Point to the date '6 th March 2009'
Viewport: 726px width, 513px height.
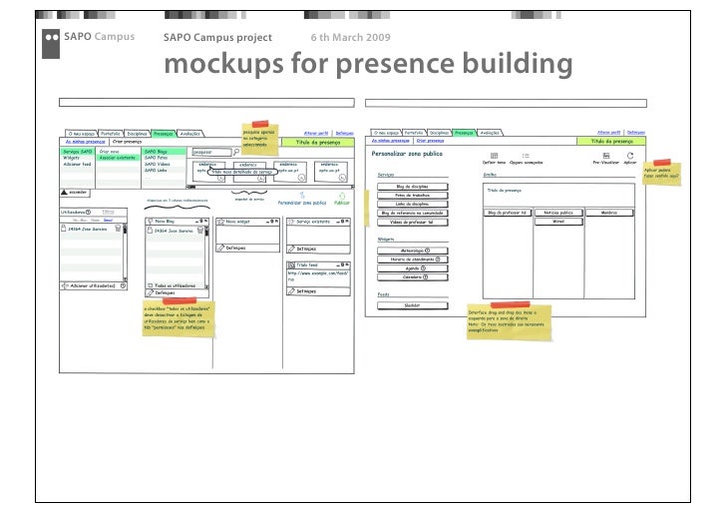pos(350,37)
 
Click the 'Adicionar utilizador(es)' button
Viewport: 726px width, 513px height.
pos(95,285)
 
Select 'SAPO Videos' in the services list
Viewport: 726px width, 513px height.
pos(158,164)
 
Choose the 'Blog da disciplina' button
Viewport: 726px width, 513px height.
pos(412,186)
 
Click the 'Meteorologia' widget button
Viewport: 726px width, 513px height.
pos(412,251)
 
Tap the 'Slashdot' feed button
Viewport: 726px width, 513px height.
pos(412,305)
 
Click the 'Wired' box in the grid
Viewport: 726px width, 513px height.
pos(557,222)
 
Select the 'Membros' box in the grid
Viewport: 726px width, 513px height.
pos(609,213)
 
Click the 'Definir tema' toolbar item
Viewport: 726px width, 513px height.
pos(495,161)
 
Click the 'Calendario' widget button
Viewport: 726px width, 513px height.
pos(412,277)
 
